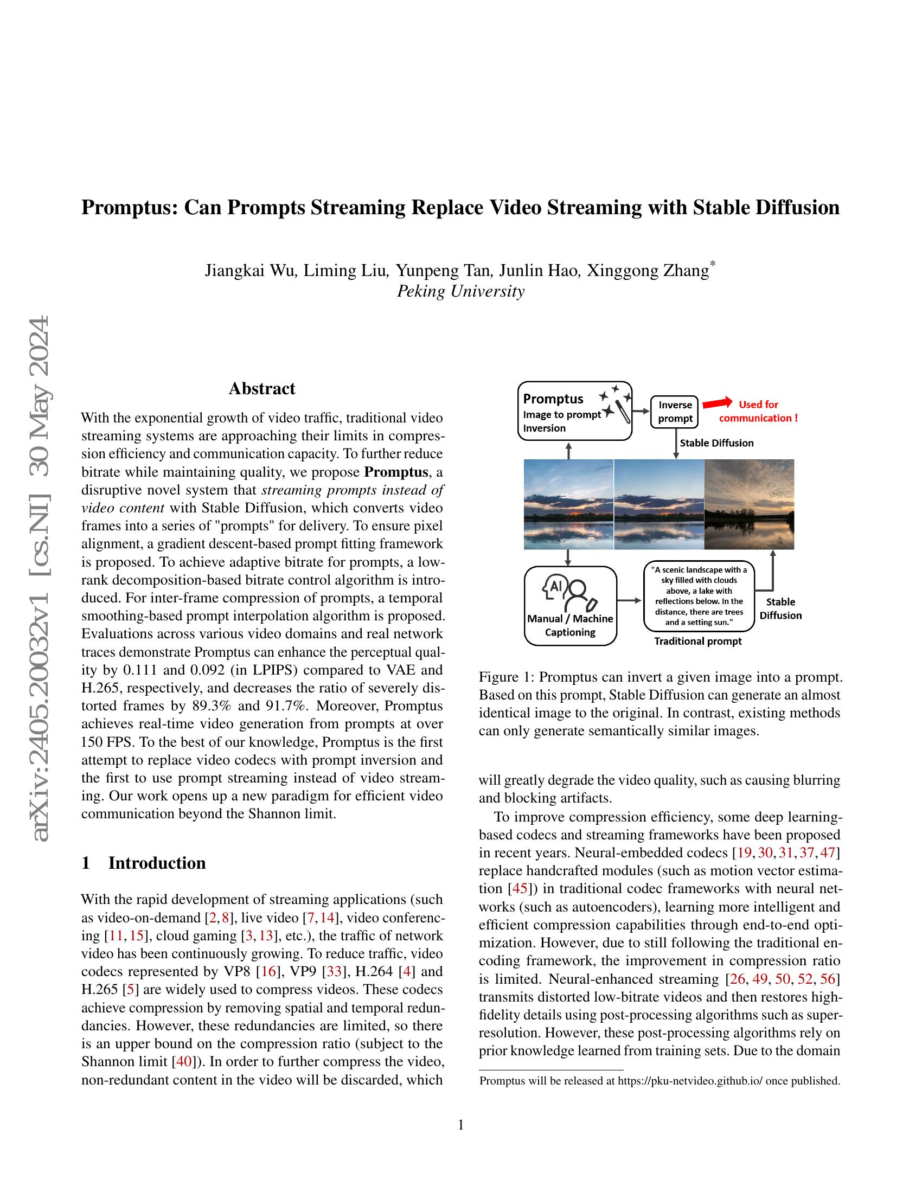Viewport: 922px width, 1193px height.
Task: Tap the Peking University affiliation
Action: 460,291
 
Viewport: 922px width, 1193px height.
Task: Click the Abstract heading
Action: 261,388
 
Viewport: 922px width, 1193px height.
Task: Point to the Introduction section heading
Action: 157,863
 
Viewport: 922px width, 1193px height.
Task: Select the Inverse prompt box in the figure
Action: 675,412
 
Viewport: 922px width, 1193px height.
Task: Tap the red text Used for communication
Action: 758,412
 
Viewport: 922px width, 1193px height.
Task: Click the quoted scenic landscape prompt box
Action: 699,596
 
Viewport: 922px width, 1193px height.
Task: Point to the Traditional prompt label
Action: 698,642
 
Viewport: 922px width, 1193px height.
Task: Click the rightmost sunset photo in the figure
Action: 749,504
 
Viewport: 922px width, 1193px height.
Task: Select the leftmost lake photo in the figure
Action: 568,504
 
